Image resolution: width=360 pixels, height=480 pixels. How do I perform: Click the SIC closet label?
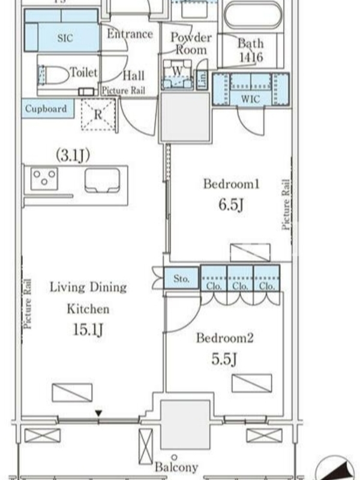click(x=65, y=38)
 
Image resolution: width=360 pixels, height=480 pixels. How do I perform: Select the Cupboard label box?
click(x=48, y=109)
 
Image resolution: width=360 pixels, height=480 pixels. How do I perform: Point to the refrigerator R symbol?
click(x=98, y=115)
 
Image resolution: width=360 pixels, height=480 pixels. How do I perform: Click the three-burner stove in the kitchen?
click(x=44, y=178)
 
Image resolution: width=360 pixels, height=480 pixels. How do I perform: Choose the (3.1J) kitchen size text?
click(x=73, y=155)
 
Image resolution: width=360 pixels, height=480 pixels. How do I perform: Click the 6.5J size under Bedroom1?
click(x=231, y=205)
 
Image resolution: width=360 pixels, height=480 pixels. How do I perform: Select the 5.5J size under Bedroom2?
click(x=224, y=359)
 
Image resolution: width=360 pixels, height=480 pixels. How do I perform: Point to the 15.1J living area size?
click(x=88, y=329)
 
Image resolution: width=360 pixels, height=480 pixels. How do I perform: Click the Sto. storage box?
click(x=181, y=278)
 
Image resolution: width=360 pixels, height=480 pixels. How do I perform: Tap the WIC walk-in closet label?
click(x=250, y=99)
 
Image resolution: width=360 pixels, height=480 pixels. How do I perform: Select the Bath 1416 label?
click(x=251, y=50)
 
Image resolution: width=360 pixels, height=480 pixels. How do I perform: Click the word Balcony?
click(x=176, y=467)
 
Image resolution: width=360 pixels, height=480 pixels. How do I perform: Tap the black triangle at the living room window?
click(x=98, y=413)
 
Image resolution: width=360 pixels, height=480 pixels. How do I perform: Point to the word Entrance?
click(x=130, y=34)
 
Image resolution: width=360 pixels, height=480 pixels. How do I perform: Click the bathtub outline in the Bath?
click(x=253, y=16)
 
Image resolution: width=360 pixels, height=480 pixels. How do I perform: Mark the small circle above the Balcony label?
click(x=174, y=457)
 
